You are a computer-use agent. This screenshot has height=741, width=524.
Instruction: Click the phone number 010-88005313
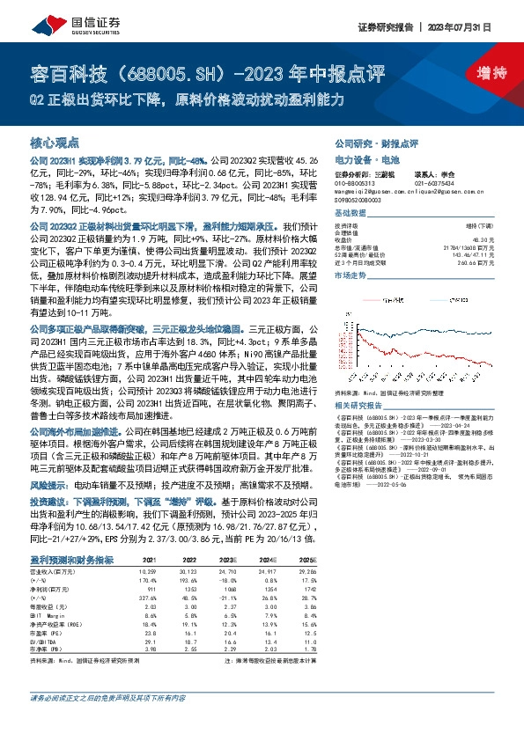click(x=360, y=181)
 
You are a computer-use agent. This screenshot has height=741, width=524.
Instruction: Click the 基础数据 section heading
click(x=350, y=216)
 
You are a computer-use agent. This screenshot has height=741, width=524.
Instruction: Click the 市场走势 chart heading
click(x=350, y=275)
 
